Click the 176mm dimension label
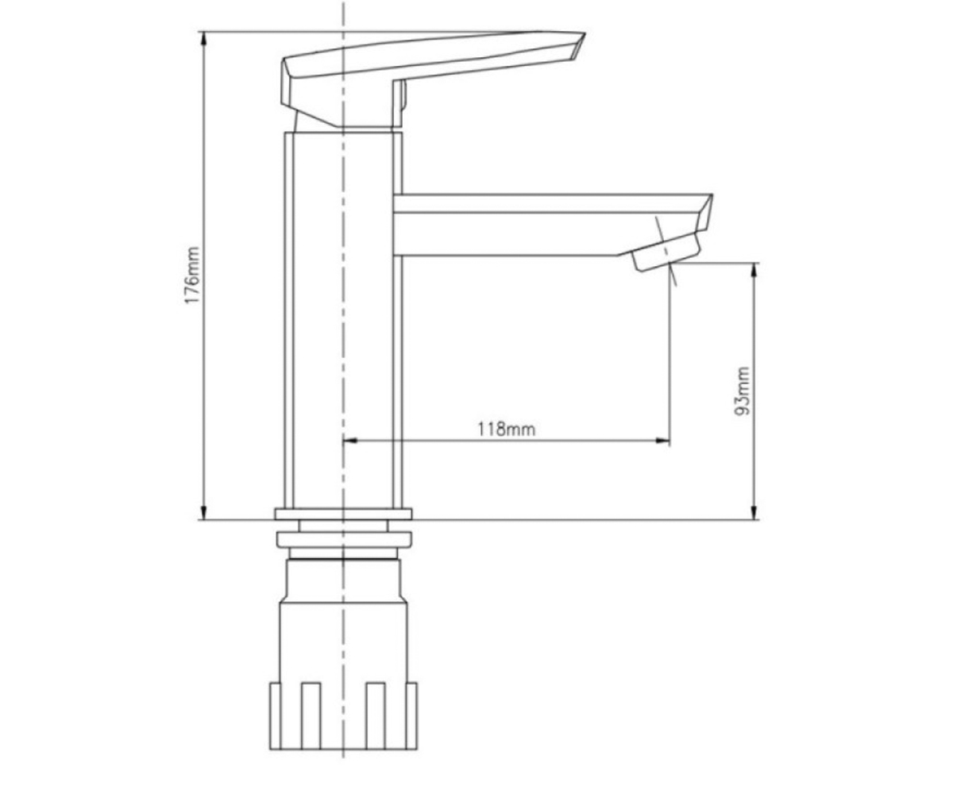tap(192, 276)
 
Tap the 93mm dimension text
tap(742, 391)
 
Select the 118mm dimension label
tap(506, 430)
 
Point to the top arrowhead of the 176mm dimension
tap(204, 39)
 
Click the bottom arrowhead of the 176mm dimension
tap(204, 512)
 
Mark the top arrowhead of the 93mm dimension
tap(754, 270)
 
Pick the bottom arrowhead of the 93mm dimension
tap(754, 512)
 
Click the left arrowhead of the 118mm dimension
tap(350, 441)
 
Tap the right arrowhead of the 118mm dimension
tap(662, 441)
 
